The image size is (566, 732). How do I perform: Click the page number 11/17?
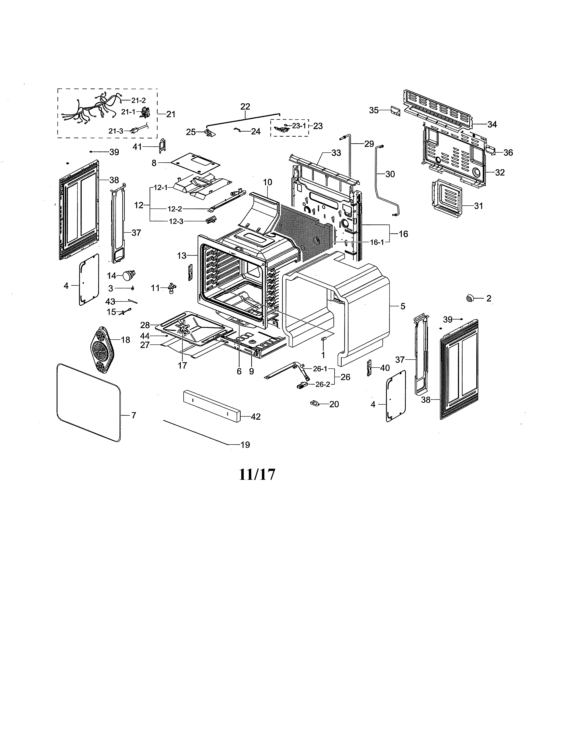257,474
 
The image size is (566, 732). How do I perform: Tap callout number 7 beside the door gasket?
133,415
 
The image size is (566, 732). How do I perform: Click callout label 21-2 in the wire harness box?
138,100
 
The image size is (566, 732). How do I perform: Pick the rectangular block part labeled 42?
212,406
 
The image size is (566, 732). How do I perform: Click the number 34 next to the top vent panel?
492,124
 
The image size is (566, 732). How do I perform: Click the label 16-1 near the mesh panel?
377,242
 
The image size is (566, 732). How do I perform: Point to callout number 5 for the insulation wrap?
403,306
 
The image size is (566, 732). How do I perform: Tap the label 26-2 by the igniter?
323,384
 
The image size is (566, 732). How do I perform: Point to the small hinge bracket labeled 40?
370,368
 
